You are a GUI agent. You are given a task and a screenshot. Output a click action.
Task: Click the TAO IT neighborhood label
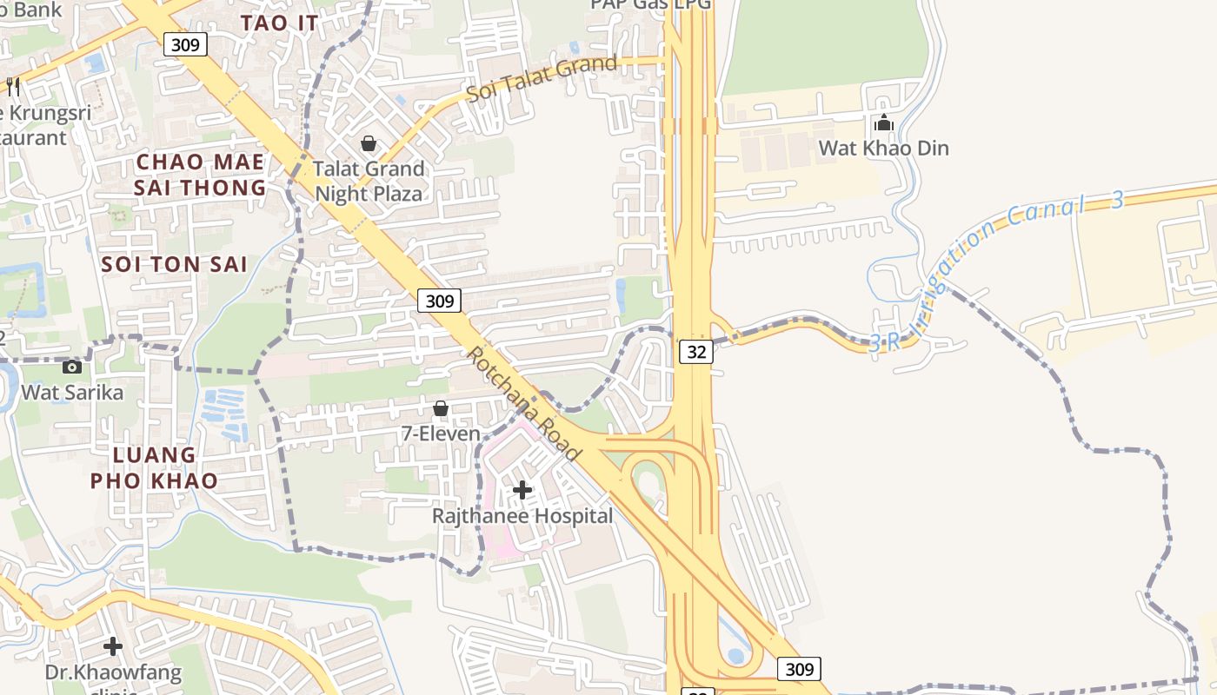[x=279, y=23]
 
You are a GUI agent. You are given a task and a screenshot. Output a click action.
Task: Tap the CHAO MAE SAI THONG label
[x=201, y=175]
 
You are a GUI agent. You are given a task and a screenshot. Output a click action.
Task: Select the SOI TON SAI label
[x=175, y=264]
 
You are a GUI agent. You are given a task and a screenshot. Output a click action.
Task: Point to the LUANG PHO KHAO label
[x=154, y=467]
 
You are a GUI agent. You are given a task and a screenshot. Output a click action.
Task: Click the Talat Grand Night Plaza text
[x=369, y=181]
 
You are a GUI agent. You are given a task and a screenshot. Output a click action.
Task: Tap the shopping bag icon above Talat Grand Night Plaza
[x=369, y=143]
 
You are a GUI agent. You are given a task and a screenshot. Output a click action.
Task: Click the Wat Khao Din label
[x=883, y=148]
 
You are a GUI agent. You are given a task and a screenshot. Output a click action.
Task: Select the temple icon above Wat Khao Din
[x=884, y=123]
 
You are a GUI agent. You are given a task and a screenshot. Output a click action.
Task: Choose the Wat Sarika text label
[x=72, y=392]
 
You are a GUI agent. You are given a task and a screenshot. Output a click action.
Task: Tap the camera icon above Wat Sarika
[x=72, y=367]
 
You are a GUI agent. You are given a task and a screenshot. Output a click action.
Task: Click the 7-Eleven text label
[x=441, y=433]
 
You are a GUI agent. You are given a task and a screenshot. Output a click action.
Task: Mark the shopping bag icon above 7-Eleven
[x=441, y=408]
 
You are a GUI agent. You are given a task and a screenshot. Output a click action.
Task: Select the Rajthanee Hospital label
[x=522, y=516]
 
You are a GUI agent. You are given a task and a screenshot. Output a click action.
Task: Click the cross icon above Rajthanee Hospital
[x=522, y=491]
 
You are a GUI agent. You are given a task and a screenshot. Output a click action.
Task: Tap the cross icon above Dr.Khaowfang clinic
[x=113, y=646]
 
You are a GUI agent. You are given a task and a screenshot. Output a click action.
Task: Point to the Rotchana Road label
[x=523, y=404]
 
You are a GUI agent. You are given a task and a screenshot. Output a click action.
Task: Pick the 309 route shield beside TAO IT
[x=185, y=44]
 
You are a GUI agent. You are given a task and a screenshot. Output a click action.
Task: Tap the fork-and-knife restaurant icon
[x=13, y=86]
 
